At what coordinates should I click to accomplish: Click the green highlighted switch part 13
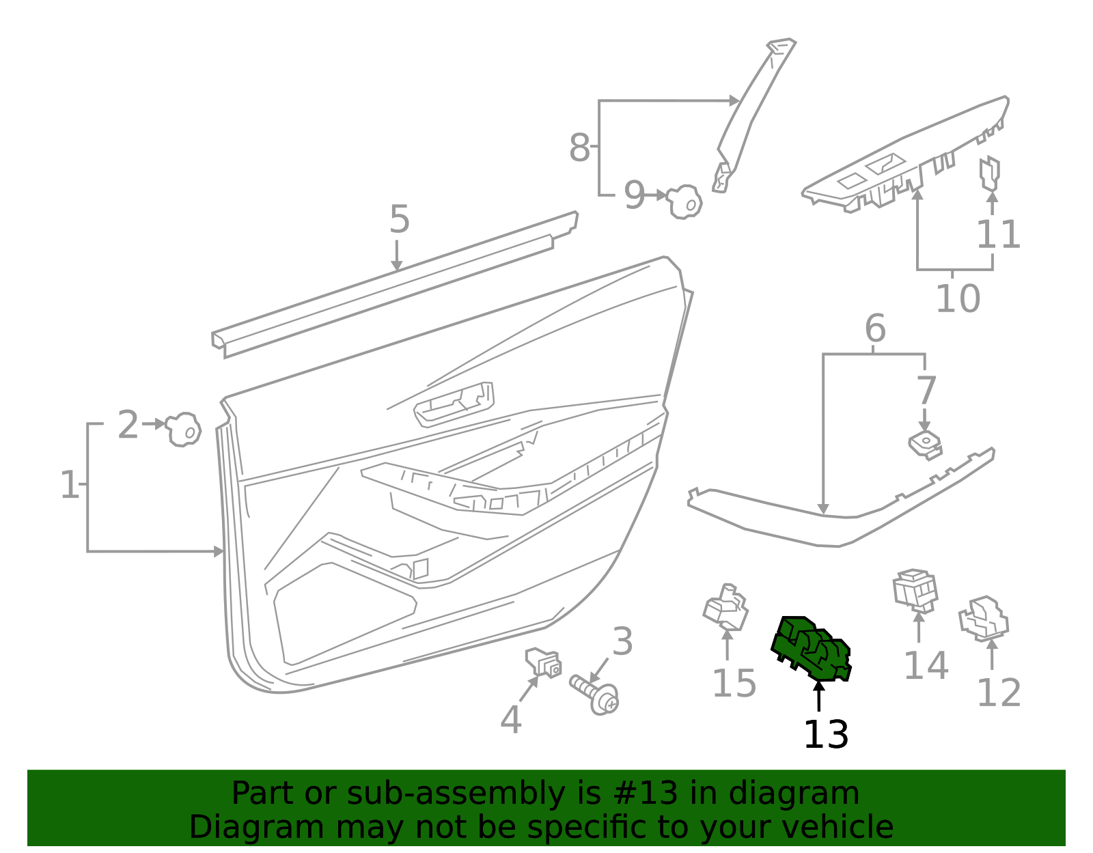click(812, 649)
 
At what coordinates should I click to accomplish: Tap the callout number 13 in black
click(825, 735)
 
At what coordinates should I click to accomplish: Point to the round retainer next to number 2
click(183, 430)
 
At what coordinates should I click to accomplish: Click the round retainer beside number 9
click(684, 201)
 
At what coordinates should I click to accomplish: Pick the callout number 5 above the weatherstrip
click(399, 220)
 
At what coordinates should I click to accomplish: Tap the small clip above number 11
click(989, 173)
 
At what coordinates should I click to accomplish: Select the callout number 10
click(957, 298)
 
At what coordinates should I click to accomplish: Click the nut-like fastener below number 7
click(925, 444)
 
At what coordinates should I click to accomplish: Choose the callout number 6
click(874, 328)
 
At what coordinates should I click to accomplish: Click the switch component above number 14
click(915, 589)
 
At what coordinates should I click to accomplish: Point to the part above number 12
click(984, 618)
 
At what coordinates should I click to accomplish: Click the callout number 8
click(579, 148)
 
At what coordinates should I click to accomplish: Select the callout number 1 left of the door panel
click(69, 485)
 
